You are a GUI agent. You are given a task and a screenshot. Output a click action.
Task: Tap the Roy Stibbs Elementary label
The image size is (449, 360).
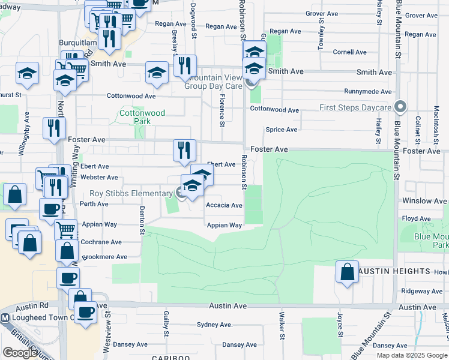click(131, 193)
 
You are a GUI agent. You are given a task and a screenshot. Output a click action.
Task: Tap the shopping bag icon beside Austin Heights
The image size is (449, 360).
click(347, 272)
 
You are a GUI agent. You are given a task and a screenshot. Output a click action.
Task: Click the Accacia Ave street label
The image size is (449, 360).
click(224, 205)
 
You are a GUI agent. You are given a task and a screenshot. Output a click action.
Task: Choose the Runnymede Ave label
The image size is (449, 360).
click(367, 92)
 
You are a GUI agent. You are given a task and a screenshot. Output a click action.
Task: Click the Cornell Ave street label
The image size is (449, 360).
click(349, 52)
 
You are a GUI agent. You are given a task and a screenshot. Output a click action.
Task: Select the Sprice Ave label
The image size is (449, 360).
click(282, 130)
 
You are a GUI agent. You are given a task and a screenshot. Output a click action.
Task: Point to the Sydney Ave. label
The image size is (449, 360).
click(214, 325)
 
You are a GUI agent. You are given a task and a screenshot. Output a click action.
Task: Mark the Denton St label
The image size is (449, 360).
click(142, 220)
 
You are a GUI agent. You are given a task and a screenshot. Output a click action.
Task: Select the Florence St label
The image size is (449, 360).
click(222, 110)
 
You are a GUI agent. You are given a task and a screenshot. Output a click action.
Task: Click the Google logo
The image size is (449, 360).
click(20, 352)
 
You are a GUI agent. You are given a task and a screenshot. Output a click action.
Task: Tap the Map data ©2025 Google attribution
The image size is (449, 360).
click(411, 355)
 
